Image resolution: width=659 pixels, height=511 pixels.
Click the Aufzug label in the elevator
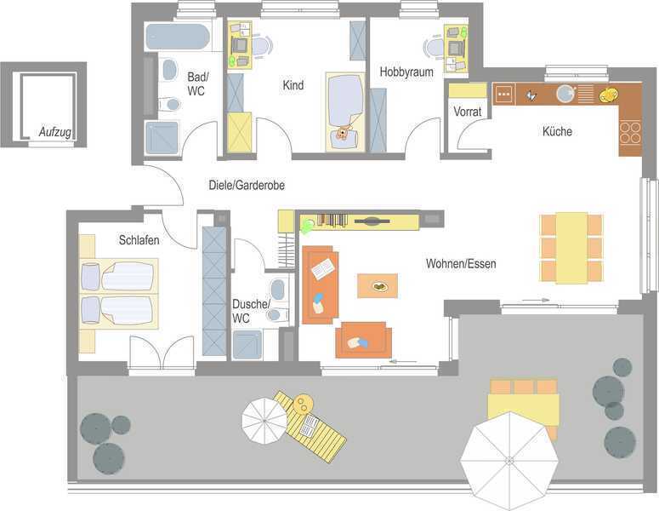(54, 132)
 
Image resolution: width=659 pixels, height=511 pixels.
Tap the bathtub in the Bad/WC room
(178, 37)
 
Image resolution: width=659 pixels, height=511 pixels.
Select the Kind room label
(293, 85)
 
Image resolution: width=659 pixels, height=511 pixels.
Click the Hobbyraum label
(406, 72)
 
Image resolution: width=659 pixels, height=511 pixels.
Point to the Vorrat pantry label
(468, 112)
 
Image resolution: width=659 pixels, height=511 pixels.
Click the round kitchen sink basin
(565, 94)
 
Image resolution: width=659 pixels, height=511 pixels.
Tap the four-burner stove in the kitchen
(630, 132)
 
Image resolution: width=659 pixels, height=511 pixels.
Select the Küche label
(557, 131)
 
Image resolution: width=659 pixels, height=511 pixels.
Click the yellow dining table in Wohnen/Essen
(571, 248)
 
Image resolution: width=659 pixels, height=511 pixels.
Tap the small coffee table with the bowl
(378, 286)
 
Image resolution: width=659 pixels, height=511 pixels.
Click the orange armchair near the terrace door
(364, 340)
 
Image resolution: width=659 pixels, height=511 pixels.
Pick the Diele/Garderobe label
(247, 185)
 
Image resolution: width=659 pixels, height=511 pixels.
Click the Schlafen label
(139, 240)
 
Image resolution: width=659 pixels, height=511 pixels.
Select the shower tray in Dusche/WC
(247, 345)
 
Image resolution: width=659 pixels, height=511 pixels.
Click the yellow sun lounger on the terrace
(310, 427)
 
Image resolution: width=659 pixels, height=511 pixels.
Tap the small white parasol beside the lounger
(264, 421)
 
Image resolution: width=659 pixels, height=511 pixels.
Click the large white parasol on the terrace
(509, 461)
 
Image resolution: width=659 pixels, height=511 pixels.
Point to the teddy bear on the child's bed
(343, 132)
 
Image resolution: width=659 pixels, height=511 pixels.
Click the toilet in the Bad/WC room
(170, 104)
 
